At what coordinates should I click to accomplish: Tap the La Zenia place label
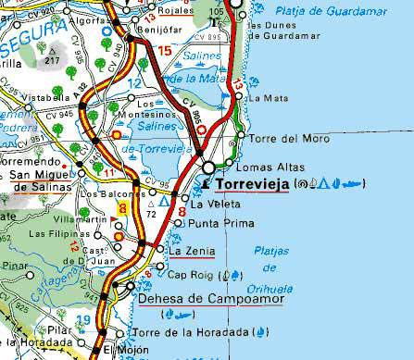pos(192,251)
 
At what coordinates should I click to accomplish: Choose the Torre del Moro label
pos(283,139)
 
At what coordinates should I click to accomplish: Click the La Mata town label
pos(274,97)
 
